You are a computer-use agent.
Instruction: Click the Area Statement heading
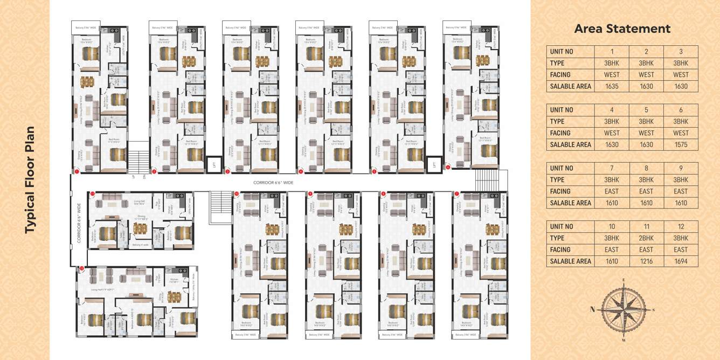pyautogui.click(x=622, y=29)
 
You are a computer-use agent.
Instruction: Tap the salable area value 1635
pyautogui.click(x=612, y=86)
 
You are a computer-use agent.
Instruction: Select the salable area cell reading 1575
pyautogui.click(x=681, y=144)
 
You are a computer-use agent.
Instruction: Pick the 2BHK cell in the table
pyautogui.click(x=646, y=238)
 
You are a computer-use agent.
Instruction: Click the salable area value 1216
pyautogui.click(x=646, y=261)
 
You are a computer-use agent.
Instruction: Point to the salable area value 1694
pyautogui.click(x=681, y=261)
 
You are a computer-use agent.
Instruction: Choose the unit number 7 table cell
pyautogui.click(x=612, y=168)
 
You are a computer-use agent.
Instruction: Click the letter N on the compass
pyautogui.click(x=592, y=309)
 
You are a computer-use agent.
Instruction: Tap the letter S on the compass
pyautogui.click(x=654, y=310)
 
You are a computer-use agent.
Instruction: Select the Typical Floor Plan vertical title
pyautogui.click(x=30, y=180)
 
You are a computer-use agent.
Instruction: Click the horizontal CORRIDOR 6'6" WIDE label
pyautogui.click(x=273, y=183)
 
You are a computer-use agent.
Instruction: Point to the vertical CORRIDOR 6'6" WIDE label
pyautogui.click(x=79, y=223)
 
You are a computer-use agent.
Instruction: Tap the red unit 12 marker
pyautogui.click(x=82, y=268)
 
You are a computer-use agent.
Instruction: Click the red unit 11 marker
pyautogui.click(x=93, y=193)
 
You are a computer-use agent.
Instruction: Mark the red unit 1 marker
pyautogui.click(x=77, y=171)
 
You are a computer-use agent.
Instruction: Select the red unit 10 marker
pyautogui.click(x=237, y=193)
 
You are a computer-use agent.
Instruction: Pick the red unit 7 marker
pyautogui.click(x=456, y=193)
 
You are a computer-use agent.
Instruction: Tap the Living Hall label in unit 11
pyautogui.click(x=139, y=202)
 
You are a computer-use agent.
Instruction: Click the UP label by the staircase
pyautogui.click(x=133, y=176)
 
